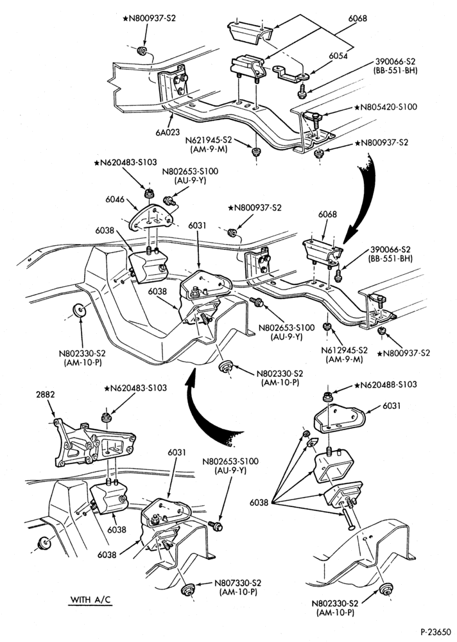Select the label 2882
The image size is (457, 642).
[46, 395]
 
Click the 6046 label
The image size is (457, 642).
[115, 200]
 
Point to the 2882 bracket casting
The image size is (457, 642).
[94, 443]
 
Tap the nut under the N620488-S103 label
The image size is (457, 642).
[327, 397]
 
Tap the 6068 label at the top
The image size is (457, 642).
[358, 18]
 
